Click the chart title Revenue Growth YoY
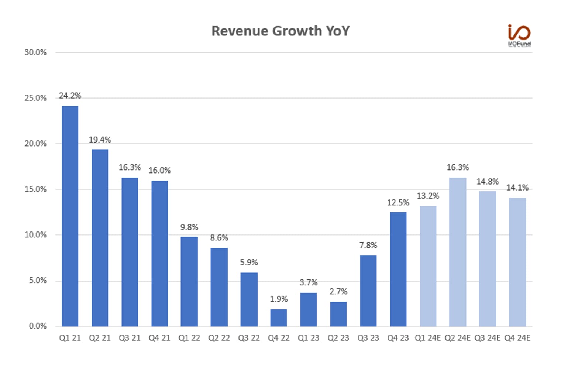[x=280, y=31]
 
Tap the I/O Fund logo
[x=519, y=35]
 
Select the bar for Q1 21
[x=70, y=216]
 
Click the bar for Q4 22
[x=279, y=318]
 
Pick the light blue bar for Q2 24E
[x=458, y=252]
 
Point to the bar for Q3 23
[x=368, y=291]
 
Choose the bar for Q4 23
[x=398, y=269]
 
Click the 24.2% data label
[x=70, y=96]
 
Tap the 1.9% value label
[x=279, y=299]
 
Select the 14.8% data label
[x=487, y=181]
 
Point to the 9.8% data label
[x=189, y=227]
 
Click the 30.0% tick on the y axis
[x=35, y=52]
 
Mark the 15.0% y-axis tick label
[x=35, y=189]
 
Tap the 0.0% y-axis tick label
[x=38, y=326]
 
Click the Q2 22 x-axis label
[x=219, y=338]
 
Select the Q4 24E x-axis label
[x=517, y=338]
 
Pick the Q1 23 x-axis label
[x=308, y=338]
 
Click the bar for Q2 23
[x=338, y=314]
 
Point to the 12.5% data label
[x=398, y=202]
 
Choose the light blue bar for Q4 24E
[x=517, y=262]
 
